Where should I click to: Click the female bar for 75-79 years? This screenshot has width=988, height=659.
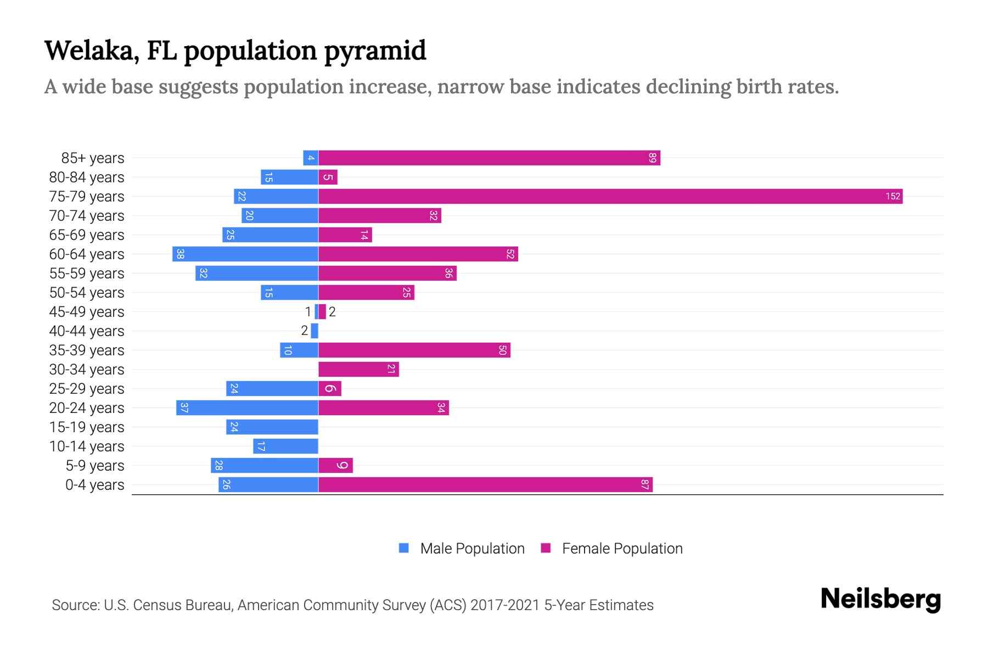pyautogui.click(x=609, y=196)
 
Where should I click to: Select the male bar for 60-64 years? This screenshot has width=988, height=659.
pyautogui.click(x=245, y=254)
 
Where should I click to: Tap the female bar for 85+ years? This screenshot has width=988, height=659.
pyautogui.click(x=489, y=158)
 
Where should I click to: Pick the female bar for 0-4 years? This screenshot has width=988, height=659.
pyautogui.click(x=485, y=484)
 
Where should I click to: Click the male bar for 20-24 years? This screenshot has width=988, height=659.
pyautogui.click(x=247, y=407)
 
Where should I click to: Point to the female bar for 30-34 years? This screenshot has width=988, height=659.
pyautogui.click(x=358, y=369)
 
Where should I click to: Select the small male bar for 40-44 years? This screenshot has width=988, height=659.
pyautogui.click(x=315, y=331)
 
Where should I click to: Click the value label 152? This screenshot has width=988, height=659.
pyautogui.click(x=892, y=196)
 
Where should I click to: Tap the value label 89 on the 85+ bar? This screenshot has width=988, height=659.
pyautogui.click(x=652, y=158)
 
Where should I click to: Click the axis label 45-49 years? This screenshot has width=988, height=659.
pyautogui.click(x=87, y=311)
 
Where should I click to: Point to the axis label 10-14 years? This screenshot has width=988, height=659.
pyautogui.click(x=87, y=446)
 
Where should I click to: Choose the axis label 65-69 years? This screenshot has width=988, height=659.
pyautogui.click(x=87, y=234)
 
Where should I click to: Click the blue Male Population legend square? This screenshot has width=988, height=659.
pyautogui.click(x=404, y=548)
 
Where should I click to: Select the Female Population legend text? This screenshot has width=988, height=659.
pyautogui.click(x=622, y=548)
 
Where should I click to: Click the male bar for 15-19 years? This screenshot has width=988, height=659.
pyautogui.click(x=272, y=427)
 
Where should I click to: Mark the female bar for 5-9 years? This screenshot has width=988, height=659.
pyautogui.click(x=335, y=465)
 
